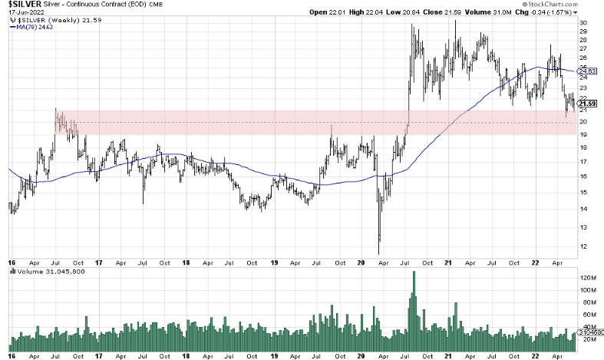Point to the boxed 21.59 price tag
tap(587, 103)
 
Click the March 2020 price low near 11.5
tap(379, 253)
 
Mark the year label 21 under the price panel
tap(447, 262)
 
